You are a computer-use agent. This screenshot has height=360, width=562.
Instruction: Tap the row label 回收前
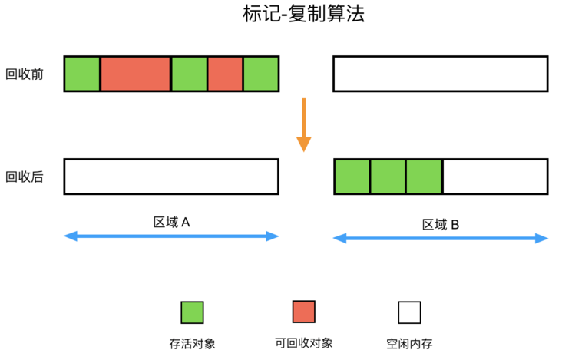tap(24, 74)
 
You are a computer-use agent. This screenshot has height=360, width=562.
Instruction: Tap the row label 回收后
tap(24, 177)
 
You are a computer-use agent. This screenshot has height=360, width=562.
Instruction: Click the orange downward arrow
tap(304, 124)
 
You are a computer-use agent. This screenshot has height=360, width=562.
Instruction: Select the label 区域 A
tap(171, 222)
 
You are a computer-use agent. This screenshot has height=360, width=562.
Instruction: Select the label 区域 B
tap(441, 224)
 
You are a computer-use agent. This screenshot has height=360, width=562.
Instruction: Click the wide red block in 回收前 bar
tap(135, 74)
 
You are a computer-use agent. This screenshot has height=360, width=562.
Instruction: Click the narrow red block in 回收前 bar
tap(225, 74)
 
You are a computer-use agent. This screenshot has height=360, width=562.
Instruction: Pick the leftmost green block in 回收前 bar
tap(82, 74)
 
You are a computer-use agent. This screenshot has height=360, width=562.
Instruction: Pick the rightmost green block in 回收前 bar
tap(261, 74)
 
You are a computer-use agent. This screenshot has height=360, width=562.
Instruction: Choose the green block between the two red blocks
tap(189, 74)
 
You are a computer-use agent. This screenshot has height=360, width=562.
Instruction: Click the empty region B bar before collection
tap(440, 74)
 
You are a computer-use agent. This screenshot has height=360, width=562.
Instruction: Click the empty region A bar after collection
tap(171, 177)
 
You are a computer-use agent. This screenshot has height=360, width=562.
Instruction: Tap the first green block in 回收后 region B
tap(352, 177)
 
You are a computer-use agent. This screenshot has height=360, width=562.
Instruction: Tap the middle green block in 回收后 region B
tap(388, 177)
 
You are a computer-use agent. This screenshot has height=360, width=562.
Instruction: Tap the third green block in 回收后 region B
tap(424, 177)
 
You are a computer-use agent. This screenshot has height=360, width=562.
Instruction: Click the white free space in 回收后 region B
tap(495, 177)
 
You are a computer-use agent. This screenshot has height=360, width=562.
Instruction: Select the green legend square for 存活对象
tap(192, 312)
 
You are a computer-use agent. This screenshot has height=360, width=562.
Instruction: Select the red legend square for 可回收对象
tap(303, 312)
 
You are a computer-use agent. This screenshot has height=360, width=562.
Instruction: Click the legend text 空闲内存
tap(409, 344)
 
